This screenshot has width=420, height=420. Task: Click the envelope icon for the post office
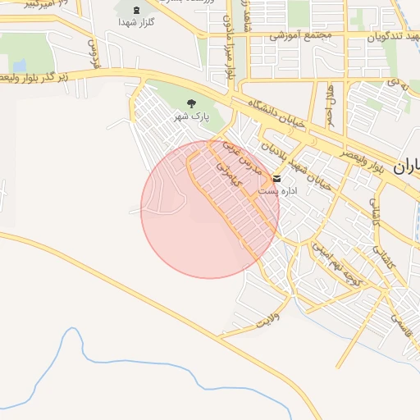coord(276,179)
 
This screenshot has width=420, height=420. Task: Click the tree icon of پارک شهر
coord(191,104)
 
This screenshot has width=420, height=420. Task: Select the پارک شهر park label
coord(191,117)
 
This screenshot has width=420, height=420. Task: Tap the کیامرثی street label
coord(231,171)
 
